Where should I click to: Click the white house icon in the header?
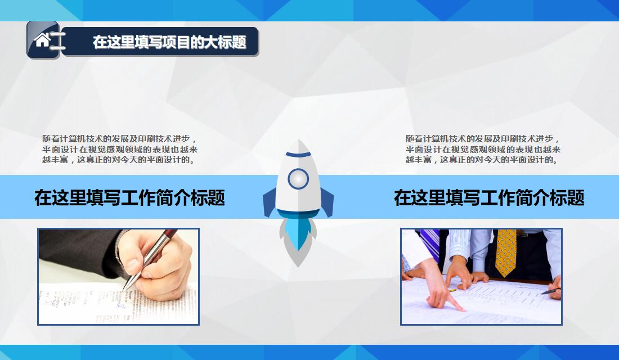pos(42,39)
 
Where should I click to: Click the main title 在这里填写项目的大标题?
pos(169,42)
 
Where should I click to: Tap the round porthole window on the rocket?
pos(298,179)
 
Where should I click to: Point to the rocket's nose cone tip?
pos(298,142)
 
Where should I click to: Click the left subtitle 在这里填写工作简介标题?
pos(129,197)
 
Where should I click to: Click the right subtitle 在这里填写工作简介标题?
pos(488,197)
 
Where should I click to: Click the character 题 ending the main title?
pos(239,42)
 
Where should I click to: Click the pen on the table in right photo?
pos(551,291)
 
